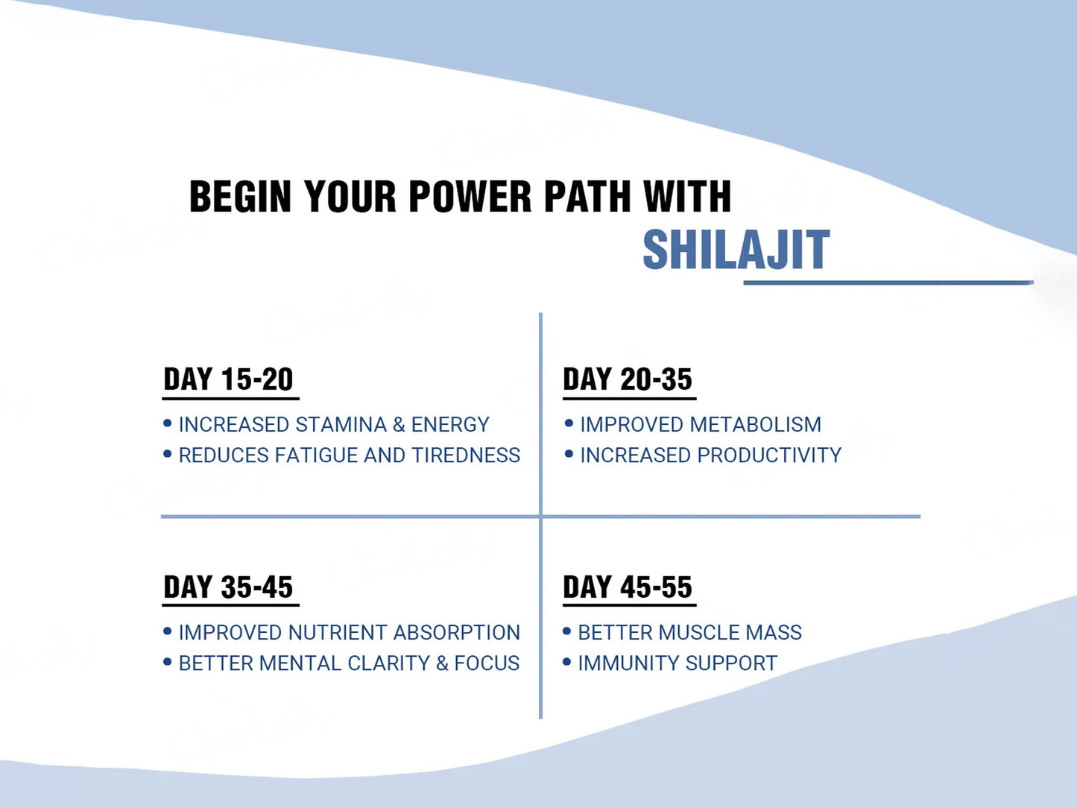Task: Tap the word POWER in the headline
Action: click(470, 196)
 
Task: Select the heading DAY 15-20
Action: click(228, 379)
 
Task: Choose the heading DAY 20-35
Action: click(628, 379)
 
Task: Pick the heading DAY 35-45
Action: click(228, 587)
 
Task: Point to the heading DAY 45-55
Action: click(628, 587)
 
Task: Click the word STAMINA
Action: click(341, 424)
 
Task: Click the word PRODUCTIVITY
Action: click(769, 455)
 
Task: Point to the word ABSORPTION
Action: click(456, 632)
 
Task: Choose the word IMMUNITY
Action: click(628, 663)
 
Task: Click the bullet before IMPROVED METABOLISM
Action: click(569, 423)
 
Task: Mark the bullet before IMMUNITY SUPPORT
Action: click(566, 663)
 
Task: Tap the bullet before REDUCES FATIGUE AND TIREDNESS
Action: click(167, 454)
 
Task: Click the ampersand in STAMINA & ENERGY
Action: click(399, 425)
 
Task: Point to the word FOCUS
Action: click(487, 663)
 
